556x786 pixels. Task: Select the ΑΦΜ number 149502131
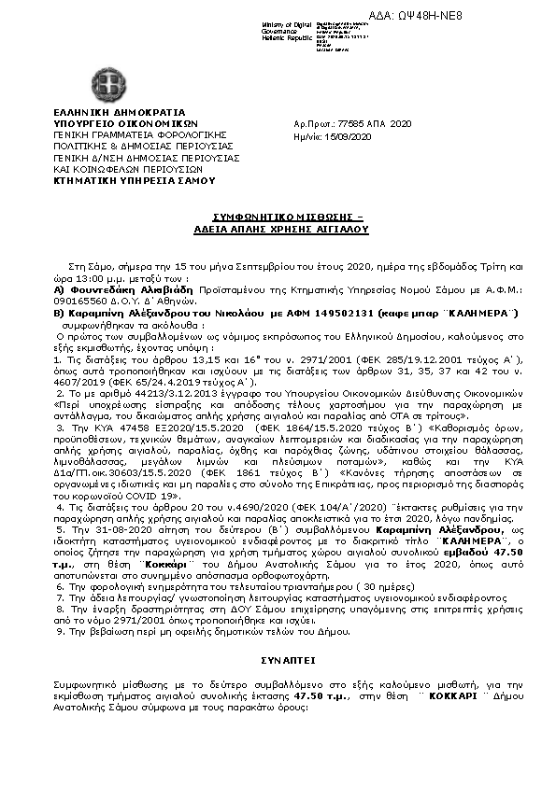pyautogui.click(x=341, y=313)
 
